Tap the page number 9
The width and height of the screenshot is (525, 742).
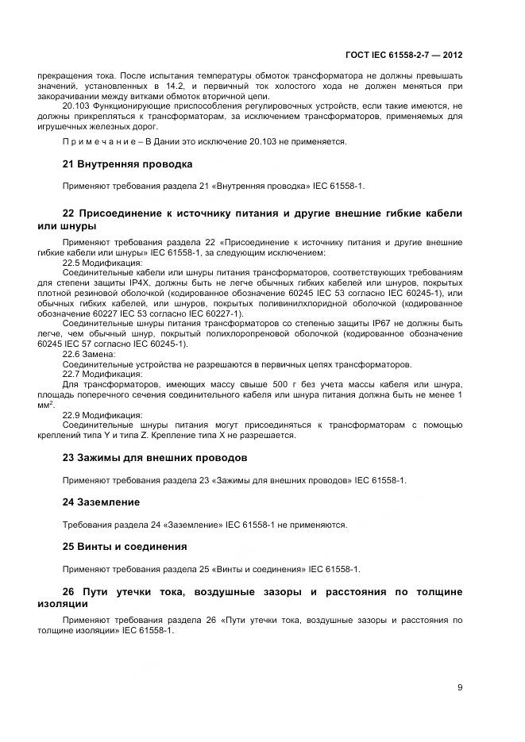[x=460, y=687]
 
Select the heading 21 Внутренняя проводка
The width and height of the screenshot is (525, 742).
[x=127, y=166]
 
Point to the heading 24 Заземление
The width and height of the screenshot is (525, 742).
[x=101, y=502]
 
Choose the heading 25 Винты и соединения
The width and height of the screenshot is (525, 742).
[x=125, y=547]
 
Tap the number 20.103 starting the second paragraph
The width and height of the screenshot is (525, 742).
[x=78, y=106]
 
